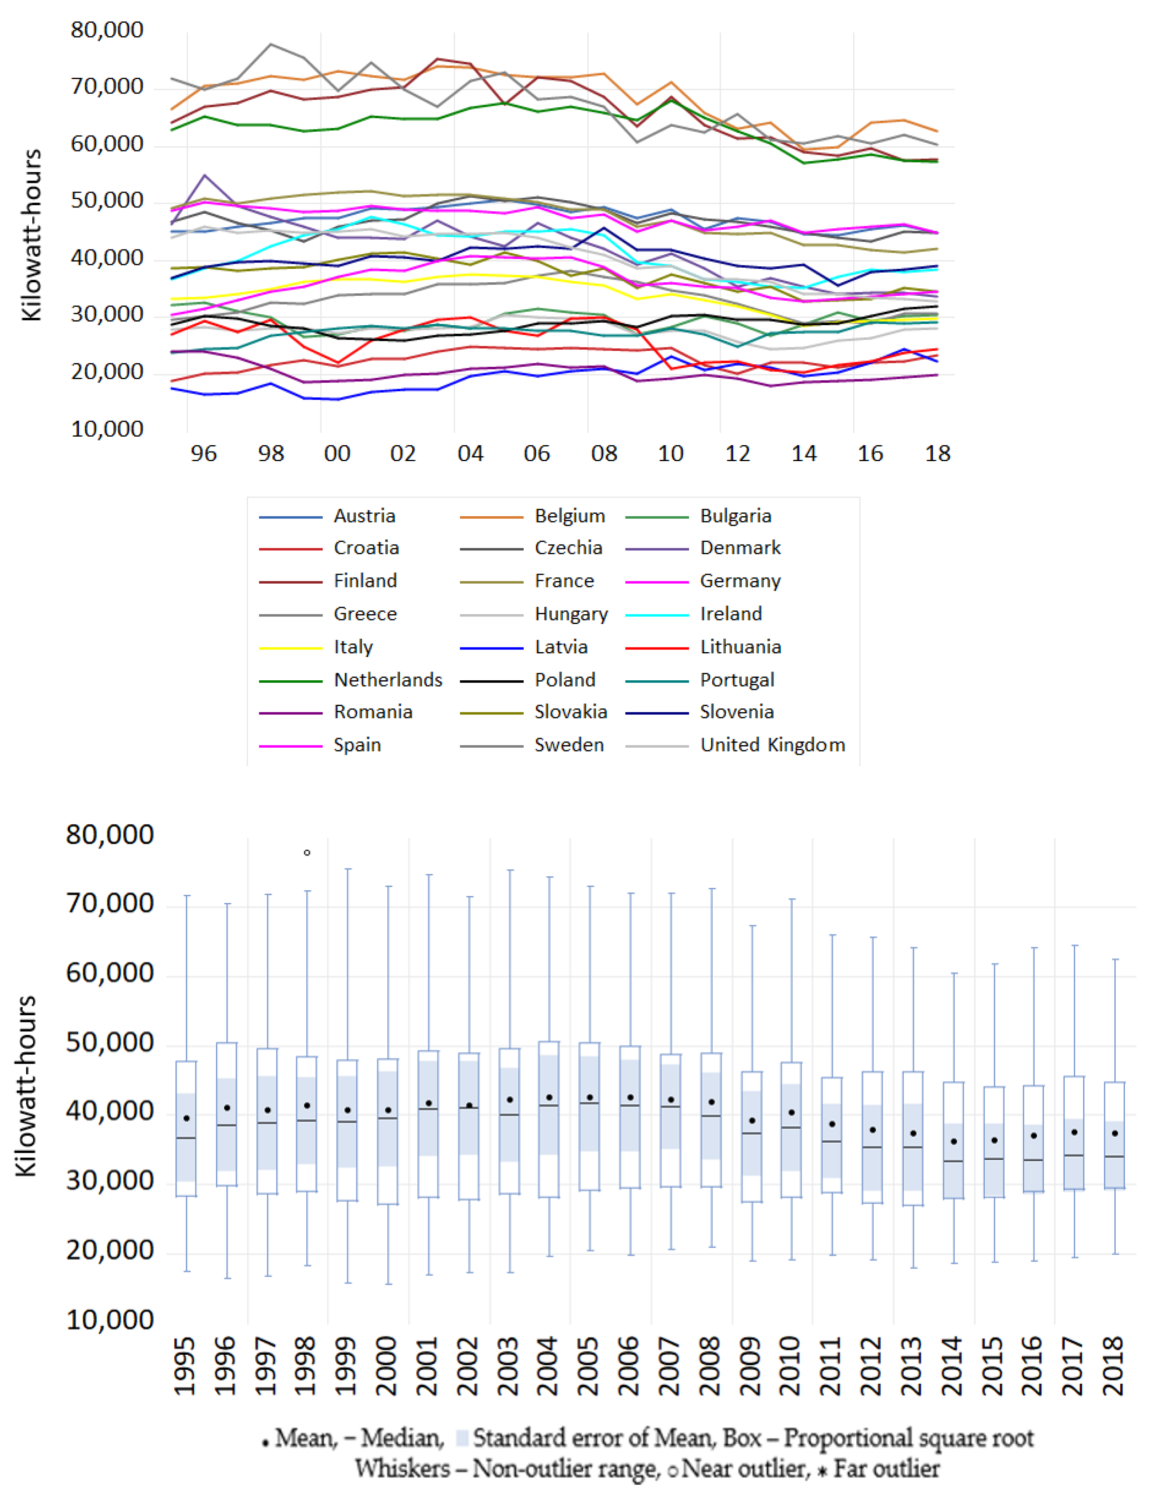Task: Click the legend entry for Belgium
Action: click(x=569, y=516)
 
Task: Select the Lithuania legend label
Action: click(x=740, y=647)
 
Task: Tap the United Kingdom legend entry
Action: click(x=772, y=745)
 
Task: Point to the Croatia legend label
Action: click(x=366, y=548)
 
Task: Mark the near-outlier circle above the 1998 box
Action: click(x=307, y=853)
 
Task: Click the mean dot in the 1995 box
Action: click(x=186, y=1118)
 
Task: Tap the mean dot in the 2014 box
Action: click(x=954, y=1141)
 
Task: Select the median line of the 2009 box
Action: click(x=751, y=1133)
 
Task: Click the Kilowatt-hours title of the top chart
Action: click(x=32, y=235)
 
